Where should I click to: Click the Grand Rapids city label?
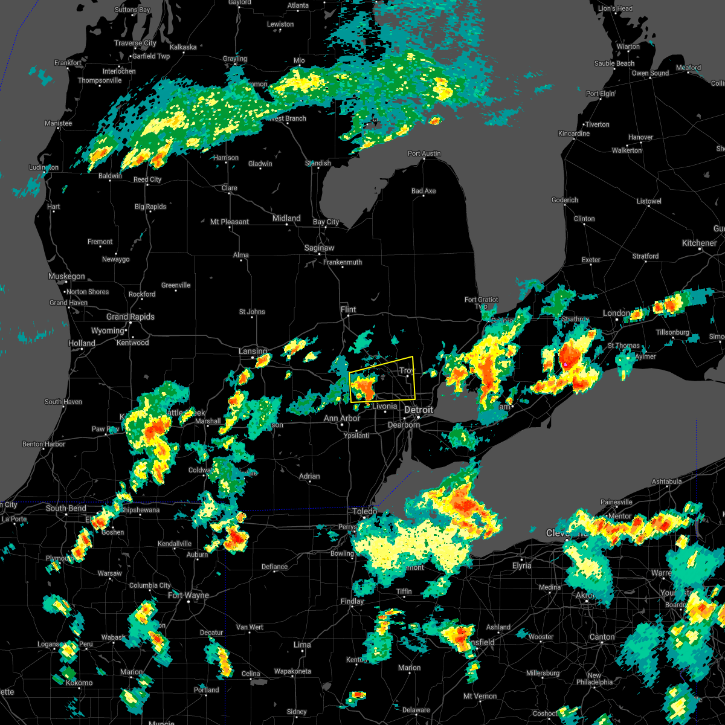[130, 317]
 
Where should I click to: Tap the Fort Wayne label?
[188, 595]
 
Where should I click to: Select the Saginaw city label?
[319, 248]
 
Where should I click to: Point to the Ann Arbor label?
[342, 418]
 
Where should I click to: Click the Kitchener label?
[699, 243]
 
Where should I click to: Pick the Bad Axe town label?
[424, 191]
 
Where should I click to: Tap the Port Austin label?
[424, 153]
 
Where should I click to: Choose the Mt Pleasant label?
[230, 222]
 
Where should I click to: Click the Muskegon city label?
[66, 276]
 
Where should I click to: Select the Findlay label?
[352, 601]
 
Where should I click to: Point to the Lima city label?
[302, 645]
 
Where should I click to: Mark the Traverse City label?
[135, 43]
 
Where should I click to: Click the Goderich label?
[565, 200]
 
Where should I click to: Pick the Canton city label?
[602, 637]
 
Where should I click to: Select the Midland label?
[286, 218]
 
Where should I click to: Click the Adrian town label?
[309, 476]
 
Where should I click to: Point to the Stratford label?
[645, 256]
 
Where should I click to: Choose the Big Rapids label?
[150, 207]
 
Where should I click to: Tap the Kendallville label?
[175, 544]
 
